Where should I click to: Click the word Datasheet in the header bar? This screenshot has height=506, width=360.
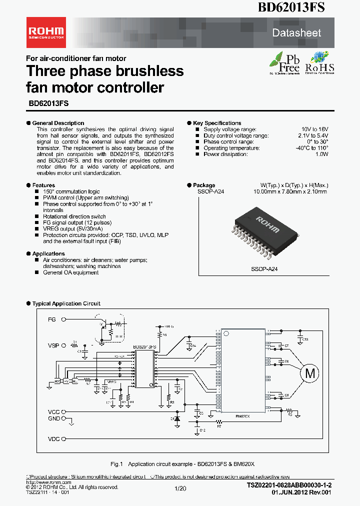coord(296,33)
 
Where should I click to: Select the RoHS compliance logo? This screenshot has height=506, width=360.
coord(319,63)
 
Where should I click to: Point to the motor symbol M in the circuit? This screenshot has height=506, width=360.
coord(310,373)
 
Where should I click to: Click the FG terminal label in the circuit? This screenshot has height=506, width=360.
coord(52,319)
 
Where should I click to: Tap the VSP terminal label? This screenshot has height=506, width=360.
coord(53,345)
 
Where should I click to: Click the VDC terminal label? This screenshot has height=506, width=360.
coord(53,439)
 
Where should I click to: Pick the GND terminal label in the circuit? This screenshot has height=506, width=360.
coord(53,418)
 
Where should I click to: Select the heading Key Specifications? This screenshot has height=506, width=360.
coord(217,123)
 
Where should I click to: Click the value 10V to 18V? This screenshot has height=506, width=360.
coord(314,129)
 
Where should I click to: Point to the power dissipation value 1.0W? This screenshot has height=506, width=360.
coord(321,154)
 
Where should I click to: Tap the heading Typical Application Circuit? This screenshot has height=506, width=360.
coord(66,303)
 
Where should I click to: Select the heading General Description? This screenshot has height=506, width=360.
coord(58,123)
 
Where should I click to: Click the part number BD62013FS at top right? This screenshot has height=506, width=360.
coord(291,7)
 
